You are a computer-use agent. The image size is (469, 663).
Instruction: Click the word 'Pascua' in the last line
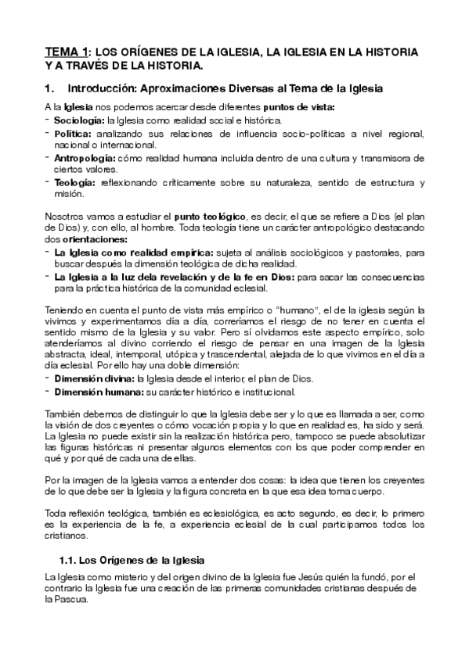69,601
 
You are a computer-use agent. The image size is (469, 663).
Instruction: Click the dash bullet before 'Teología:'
47,182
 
